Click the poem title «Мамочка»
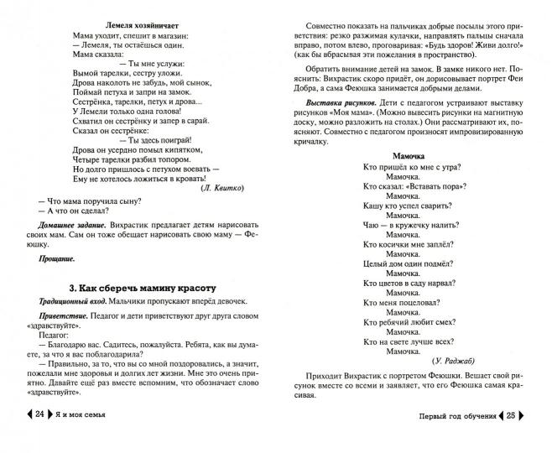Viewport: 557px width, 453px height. [412, 155]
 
